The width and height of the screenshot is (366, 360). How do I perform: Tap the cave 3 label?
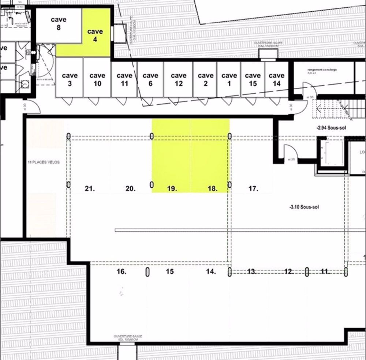(x=70, y=79)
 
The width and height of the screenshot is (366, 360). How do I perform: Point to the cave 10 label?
(x=97, y=79)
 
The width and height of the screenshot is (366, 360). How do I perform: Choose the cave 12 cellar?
(x=178, y=79)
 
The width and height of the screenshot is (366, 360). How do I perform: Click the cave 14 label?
(x=276, y=79)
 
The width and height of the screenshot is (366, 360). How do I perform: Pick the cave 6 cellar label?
(x=150, y=79)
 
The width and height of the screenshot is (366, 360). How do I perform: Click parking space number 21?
(x=90, y=189)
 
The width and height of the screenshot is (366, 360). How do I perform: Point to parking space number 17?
(x=253, y=189)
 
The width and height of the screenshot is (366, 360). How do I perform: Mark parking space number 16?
(x=122, y=271)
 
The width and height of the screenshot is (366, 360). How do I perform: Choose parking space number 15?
(x=169, y=271)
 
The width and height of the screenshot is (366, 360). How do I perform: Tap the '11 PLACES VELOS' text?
(x=43, y=162)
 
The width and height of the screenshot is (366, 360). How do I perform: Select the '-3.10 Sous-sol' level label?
(x=304, y=207)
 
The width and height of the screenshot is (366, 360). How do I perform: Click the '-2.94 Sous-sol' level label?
(x=331, y=128)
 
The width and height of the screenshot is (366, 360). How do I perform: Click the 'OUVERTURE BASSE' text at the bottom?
(x=128, y=337)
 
